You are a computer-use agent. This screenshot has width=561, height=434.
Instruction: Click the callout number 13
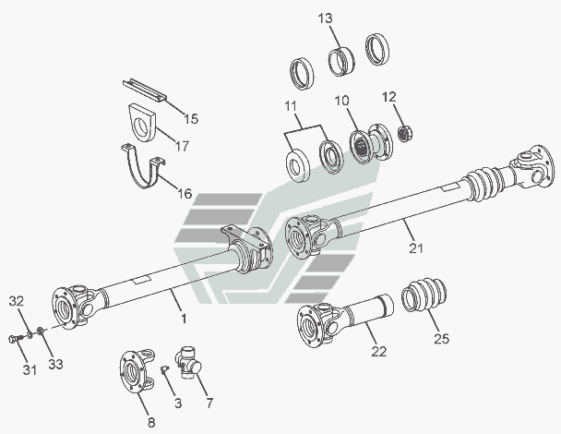tap(325, 18)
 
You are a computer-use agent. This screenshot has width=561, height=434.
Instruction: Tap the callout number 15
tap(191, 118)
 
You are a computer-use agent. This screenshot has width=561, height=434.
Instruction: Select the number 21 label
tap(416, 247)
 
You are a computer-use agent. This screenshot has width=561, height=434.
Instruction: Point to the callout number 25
tap(441, 338)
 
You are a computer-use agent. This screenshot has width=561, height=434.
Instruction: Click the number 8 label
tap(151, 423)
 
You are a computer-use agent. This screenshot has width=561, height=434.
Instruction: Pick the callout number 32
tap(17, 301)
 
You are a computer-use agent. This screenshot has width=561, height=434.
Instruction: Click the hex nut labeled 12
tap(405, 133)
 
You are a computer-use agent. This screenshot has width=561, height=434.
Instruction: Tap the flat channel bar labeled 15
tap(145, 90)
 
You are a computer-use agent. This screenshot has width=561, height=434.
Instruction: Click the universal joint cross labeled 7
tap(188, 363)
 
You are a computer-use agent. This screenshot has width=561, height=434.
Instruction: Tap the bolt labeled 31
tap(16, 338)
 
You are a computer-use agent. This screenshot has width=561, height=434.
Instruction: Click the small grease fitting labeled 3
tap(165, 368)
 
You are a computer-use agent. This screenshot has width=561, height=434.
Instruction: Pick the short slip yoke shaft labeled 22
tap(344, 319)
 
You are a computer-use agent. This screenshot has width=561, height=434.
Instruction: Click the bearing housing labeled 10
tap(371, 143)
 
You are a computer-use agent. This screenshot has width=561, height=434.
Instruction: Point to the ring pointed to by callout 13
tap(341, 62)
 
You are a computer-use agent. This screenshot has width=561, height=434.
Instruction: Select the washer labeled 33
tap(41, 331)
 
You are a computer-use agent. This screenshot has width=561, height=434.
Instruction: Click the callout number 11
tap(291, 106)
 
